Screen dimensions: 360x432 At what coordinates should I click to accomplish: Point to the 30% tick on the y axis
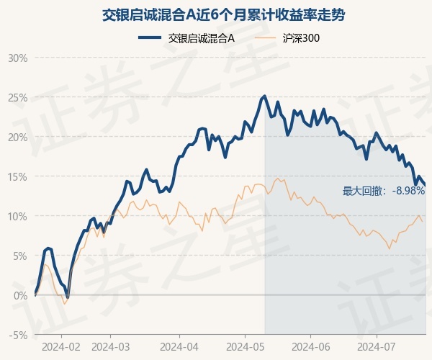coord(17,58)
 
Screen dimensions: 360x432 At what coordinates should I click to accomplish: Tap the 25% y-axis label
coord(17,97)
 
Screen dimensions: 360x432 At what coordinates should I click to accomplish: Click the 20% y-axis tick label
coord(17,137)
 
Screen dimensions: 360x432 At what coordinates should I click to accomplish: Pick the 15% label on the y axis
coord(17,176)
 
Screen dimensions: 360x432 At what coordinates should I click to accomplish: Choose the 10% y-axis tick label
coord(17,216)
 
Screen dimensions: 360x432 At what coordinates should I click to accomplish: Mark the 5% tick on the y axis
coord(19,256)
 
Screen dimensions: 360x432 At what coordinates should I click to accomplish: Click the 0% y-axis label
coord(19,295)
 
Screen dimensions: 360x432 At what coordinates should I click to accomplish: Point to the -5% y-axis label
coord(18,335)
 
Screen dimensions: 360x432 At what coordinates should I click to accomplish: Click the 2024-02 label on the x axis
coord(60,346)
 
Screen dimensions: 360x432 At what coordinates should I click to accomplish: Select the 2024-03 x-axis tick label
coord(110,346)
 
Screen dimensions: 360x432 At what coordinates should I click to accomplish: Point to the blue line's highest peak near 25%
coord(265,96)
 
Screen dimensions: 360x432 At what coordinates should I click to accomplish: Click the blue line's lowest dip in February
coord(68,297)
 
